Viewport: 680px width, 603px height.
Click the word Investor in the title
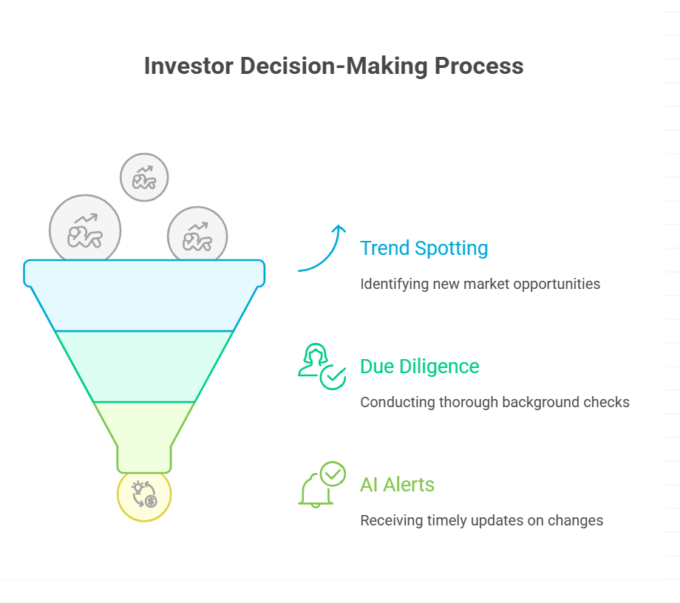(188, 66)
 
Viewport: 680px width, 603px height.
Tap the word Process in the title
(479, 67)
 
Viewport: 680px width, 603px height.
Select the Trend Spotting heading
(424, 249)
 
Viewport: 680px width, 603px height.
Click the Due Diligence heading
(420, 367)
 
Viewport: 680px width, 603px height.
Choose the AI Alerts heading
(397, 485)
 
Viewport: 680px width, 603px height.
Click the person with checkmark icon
(322, 367)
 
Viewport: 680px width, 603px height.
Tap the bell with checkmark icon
(322, 484)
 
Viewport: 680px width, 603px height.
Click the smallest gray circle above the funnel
(144, 177)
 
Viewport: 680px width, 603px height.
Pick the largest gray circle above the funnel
(85, 229)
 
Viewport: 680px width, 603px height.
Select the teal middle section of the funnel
(144, 367)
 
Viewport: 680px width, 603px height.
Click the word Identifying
(394, 285)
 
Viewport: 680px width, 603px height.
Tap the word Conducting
(398, 402)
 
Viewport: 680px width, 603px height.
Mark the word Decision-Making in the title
(334, 67)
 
